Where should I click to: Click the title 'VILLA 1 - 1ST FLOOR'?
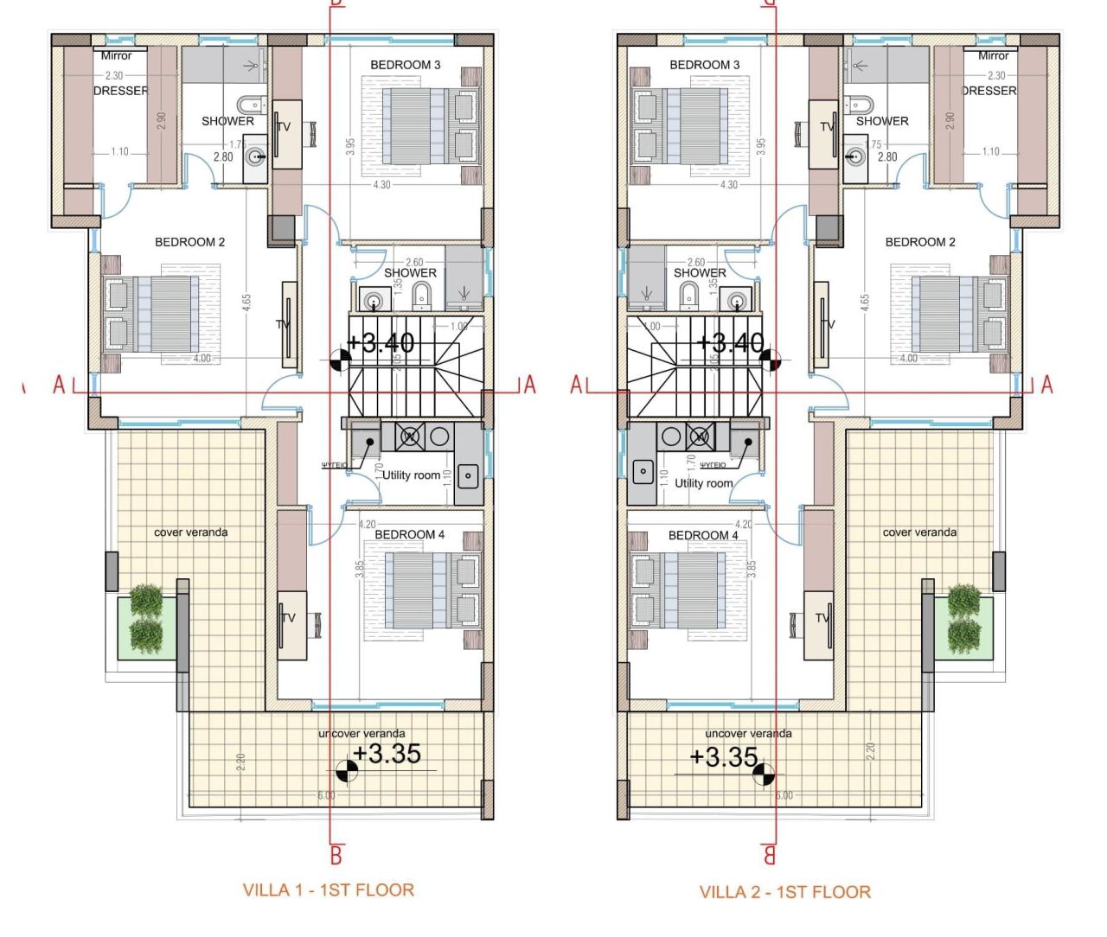(328, 889)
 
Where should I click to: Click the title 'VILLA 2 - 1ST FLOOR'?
(784, 891)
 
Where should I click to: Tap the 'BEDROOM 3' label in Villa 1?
(405, 65)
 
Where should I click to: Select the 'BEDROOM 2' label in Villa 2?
(919, 242)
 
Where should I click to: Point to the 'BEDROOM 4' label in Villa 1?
(409, 535)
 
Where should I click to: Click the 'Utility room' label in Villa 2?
(703, 483)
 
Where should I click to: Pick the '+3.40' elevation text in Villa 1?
(381, 343)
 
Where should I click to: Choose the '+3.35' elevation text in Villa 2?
(724, 757)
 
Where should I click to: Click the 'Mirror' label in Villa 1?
(116, 55)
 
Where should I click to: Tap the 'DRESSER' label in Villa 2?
(989, 91)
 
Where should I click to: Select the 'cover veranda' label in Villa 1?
(190, 532)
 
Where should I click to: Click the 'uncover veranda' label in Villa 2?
(748, 734)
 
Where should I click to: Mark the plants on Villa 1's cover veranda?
(146, 619)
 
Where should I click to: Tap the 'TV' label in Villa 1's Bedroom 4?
(289, 618)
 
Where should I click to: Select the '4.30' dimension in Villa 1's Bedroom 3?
(381, 185)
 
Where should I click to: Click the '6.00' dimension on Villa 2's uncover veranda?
(783, 795)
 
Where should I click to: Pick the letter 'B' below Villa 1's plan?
(336, 856)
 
